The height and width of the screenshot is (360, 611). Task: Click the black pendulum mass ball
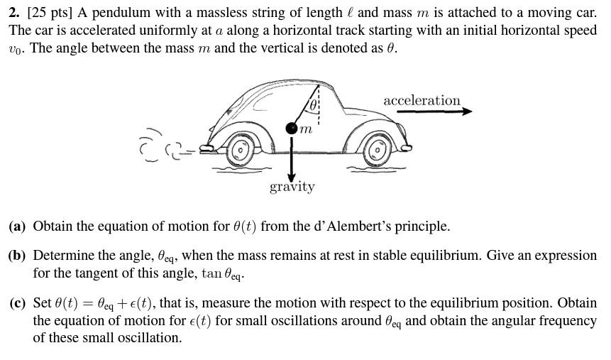tap(292, 129)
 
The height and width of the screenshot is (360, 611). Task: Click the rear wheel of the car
tap(240, 150)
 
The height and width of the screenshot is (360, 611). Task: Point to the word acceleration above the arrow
tap(422, 100)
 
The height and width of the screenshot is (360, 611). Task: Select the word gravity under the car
tap(292, 187)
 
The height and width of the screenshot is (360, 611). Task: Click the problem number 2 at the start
tap(13, 13)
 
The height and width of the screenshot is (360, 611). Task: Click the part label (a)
tap(17, 227)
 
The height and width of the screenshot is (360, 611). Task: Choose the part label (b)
tap(17, 256)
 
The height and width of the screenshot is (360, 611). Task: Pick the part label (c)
tap(17, 303)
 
